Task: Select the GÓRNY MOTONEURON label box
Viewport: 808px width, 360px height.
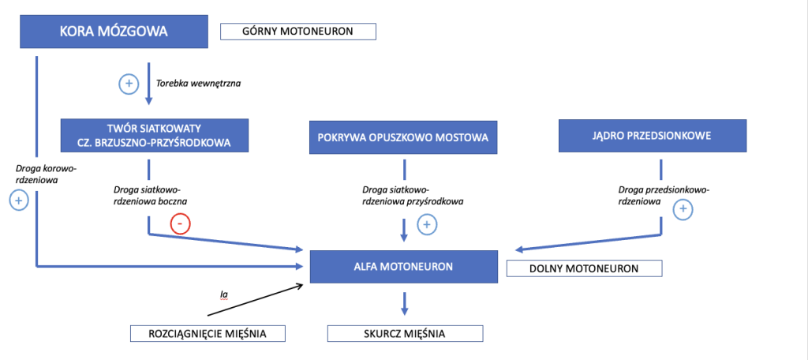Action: coord(297,32)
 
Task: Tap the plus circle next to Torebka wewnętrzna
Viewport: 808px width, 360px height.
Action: coord(128,83)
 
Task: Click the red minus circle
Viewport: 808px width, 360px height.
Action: coord(181,224)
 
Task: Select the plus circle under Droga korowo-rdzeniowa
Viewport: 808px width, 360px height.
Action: coord(18,201)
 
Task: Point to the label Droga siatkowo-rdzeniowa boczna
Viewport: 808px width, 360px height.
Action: coord(149,195)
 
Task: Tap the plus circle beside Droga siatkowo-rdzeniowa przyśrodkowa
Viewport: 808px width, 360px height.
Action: coord(427,225)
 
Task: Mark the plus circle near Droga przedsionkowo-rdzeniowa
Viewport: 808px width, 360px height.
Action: coord(683,210)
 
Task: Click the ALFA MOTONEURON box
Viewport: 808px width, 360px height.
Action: coord(403,266)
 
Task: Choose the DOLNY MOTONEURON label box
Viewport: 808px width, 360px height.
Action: coord(583,268)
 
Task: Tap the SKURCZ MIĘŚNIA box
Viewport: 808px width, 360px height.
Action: coord(406,334)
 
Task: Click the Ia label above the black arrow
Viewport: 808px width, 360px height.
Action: coord(224,294)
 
